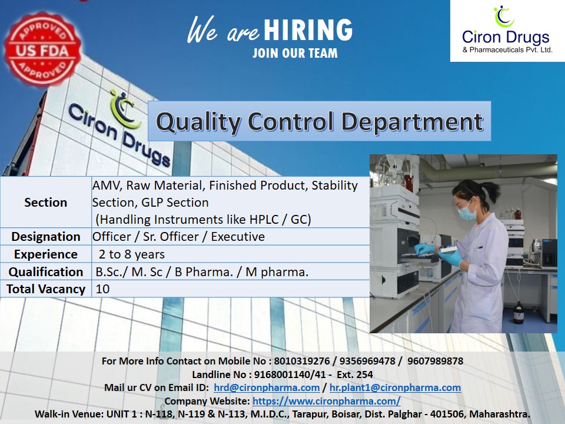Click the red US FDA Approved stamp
[x=42, y=49]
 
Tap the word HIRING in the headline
[x=308, y=30]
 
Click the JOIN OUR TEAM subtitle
[x=295, y=53]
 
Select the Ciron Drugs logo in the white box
[x=507, y=31]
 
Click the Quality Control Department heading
[x=319, y=121]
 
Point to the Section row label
[x=46, y=202]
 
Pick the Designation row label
[x=46, y=237]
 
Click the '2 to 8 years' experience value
[x=131, y=254]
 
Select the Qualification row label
[x=46, y=272]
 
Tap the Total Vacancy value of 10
[x=102, y=289]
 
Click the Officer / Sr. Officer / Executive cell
[x=179, y=237]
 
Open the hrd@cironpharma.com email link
[x=267, y=387]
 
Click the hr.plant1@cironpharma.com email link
[x=395, y=387]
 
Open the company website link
[x=327, y=401]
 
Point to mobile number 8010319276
[x=302, y=361]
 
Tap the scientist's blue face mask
[x=467, y=213]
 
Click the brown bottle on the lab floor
[x=519, y=312]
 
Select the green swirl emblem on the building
[x=125, y=110]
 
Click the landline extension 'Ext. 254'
[x=355, y=375]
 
